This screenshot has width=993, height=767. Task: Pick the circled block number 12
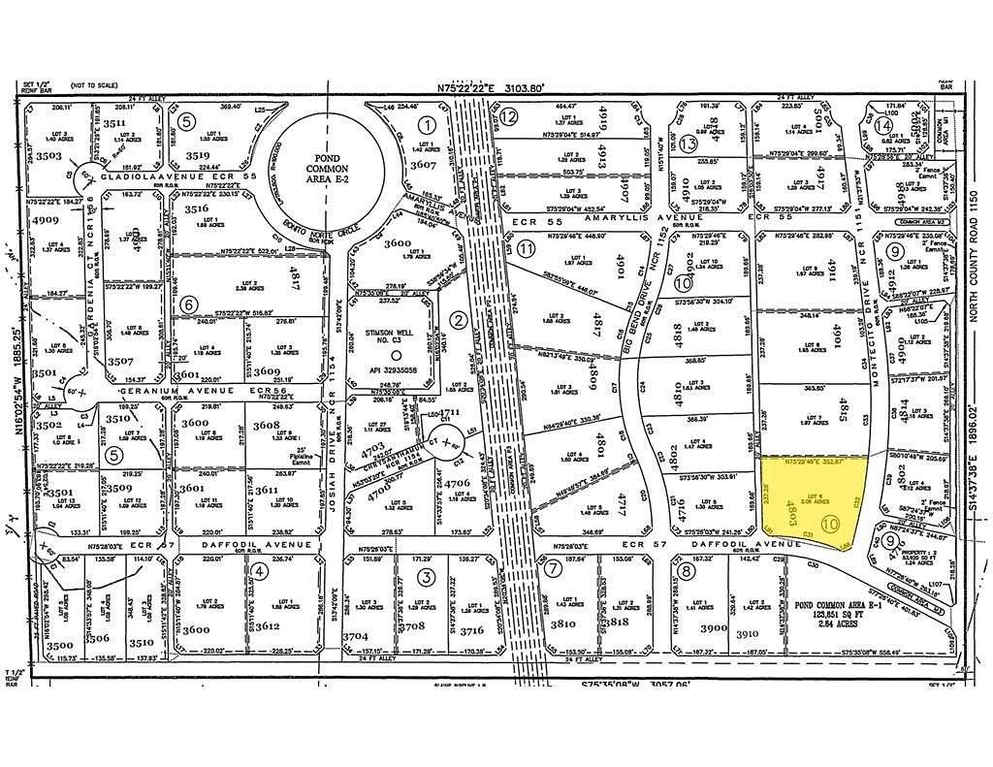point(509,116)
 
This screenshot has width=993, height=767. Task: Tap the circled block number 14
point(883,125)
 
